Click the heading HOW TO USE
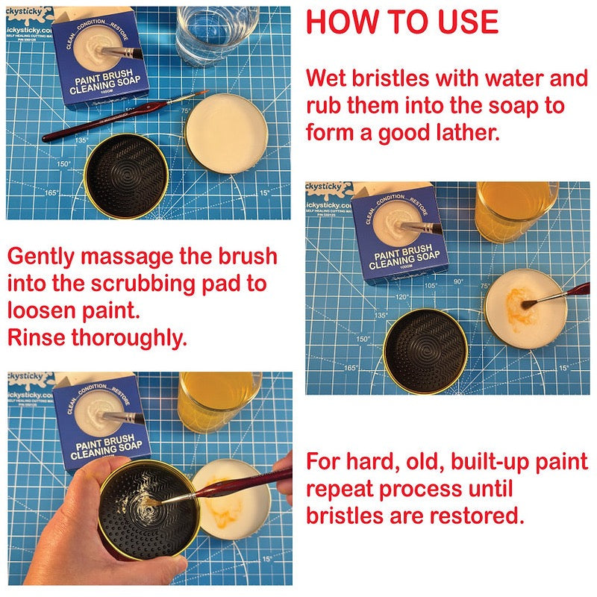pos(401,22)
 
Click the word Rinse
pos(36,337)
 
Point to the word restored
pos(480,516)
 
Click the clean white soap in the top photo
pos(226,131)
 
